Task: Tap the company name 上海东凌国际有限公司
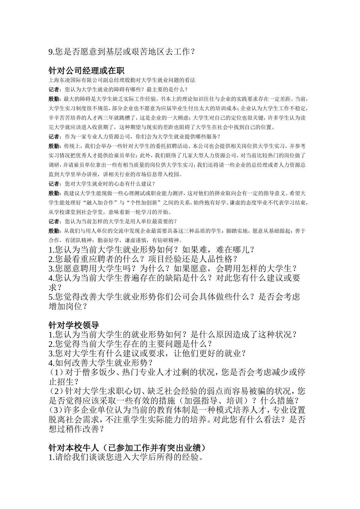pyautogui.click(x=72, y=81)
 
